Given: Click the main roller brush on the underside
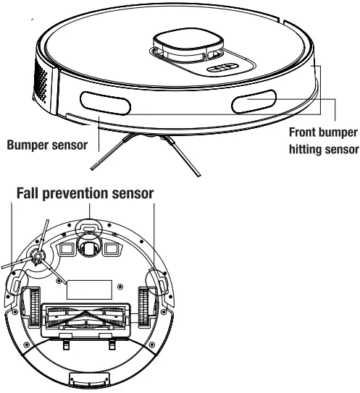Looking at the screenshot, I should (x=89, y=318).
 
